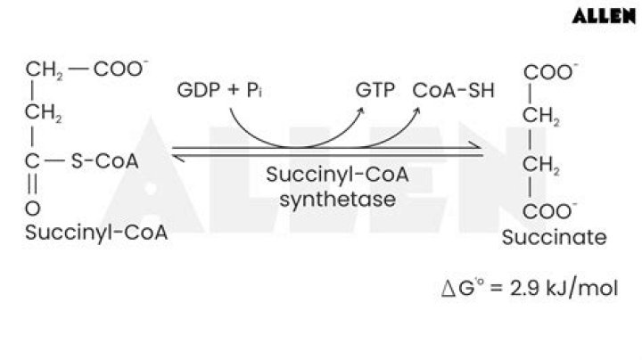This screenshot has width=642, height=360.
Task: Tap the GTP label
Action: pyautogui.click(x=374, y=91)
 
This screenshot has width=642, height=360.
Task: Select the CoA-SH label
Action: pyautogui.click(x=454, y=91)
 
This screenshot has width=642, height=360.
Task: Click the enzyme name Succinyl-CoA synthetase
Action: pyautogui.click(x=337, y=186)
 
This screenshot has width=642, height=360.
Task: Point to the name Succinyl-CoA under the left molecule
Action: pyautogui.click(x=97, y=232)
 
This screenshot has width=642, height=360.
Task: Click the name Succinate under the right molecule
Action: pyautogui.click(x=554, y=237)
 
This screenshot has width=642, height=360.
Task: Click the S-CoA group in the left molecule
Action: pyautogui.click(x=103, y=161)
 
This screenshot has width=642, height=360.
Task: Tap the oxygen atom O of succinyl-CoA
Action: pyautogui.click(x=33, y=209)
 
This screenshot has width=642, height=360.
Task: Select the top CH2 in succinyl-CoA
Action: pyautogui.click(x=44, y=70)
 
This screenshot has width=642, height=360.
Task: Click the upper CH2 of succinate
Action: pyautogui.click(x=541, y=117)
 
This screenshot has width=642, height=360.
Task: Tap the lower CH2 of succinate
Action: pyautogui.click(x=541, y=165)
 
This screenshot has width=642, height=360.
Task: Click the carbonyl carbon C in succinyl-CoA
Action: pyautogui.click(x=33, y=161)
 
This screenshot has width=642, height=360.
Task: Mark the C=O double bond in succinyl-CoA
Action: pyautogui.click(x=33, y=185)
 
